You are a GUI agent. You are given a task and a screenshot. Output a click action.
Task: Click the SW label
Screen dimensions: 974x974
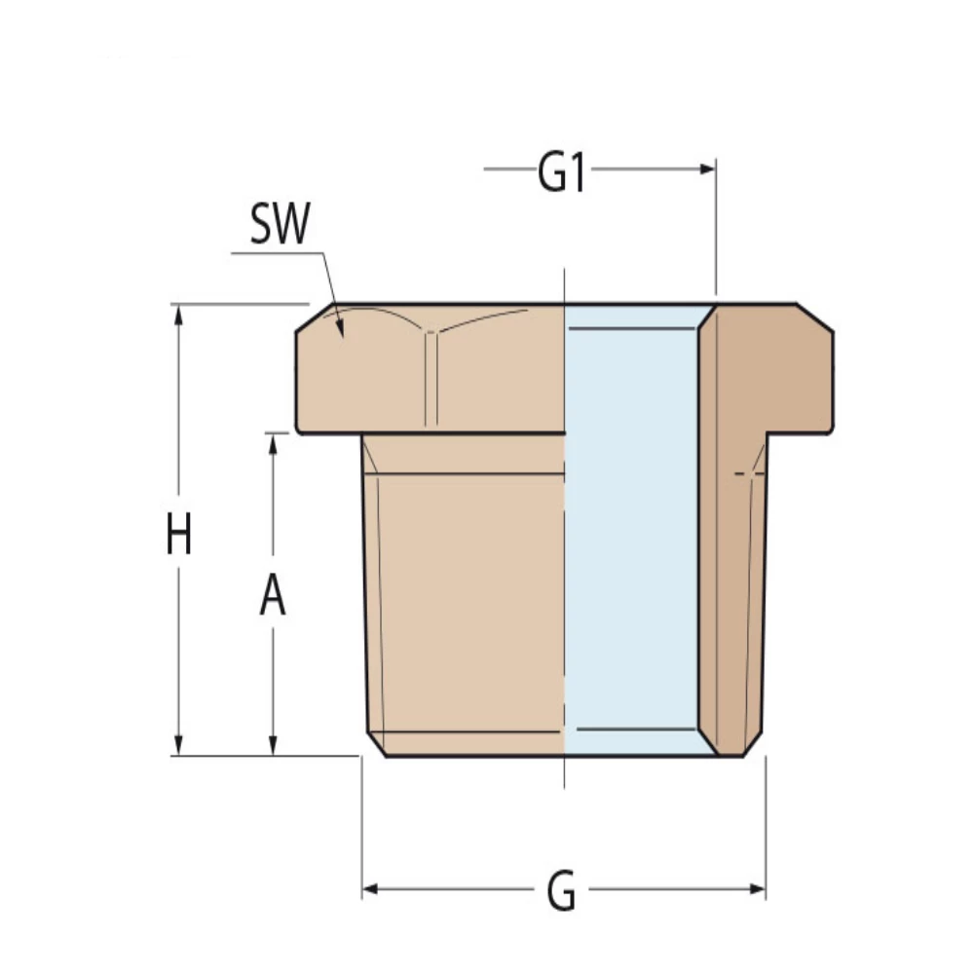click(x=280, y=226)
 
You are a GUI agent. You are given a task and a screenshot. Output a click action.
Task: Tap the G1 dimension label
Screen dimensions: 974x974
click(x=561, y=175)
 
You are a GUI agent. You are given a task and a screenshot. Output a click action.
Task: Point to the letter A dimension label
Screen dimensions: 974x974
click(x=273, y=595)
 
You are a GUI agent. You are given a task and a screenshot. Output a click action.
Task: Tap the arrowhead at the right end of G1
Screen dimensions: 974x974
click(x=708, y=169)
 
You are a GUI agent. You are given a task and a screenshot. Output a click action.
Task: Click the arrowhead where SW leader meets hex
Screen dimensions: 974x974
click(x=340, y=328)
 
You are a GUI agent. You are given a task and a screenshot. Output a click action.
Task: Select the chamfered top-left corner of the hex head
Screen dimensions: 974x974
click(x=310, y=318)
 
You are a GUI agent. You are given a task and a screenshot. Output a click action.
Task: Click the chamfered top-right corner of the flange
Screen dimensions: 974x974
click(x=816, y=317)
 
